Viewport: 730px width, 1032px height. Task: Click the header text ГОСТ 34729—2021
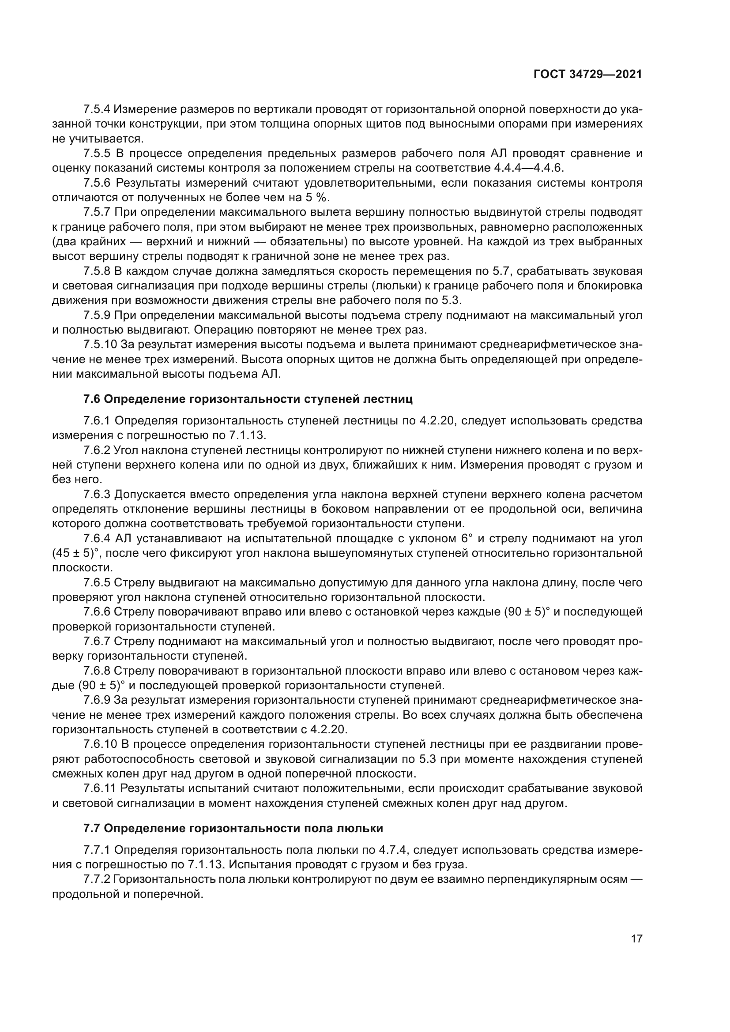(x=587, y=74)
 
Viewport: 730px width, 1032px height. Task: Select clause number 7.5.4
(x=97, y=109)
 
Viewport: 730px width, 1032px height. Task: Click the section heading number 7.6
(x=92, y=399)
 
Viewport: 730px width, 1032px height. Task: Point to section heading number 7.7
(x=92, y=828)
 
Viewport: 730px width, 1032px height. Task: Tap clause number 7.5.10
(x=100, y=345)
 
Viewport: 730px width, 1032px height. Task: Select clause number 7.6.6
(x=97, y=612)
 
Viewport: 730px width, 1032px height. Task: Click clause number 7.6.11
(x=100, y=788)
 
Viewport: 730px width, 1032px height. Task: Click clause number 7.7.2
(x=97, y=879)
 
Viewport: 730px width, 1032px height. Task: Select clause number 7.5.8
(x=97, y=271)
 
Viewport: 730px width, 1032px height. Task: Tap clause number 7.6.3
(x=97, y=495)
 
